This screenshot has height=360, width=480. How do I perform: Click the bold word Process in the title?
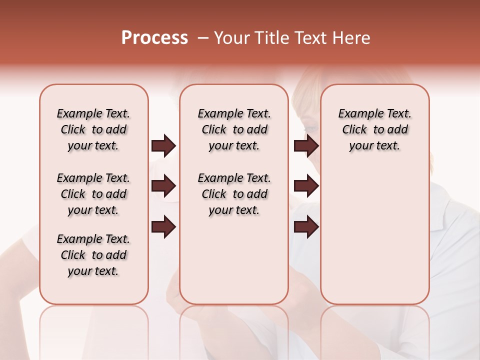pos(154,38)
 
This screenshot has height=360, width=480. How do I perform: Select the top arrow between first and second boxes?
pos(163,146)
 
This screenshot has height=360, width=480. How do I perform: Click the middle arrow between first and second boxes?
pos(163,186)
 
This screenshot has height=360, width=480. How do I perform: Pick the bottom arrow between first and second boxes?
pos(163,227)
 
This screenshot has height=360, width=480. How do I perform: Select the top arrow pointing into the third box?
pos(306,146)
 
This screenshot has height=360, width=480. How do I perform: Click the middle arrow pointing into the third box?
pos(306,186)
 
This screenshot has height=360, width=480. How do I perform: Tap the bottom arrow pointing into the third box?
pos(306,227)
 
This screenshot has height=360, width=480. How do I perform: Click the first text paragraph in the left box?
pos(93,129)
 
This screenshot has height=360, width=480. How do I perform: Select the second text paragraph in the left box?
pos(93,194)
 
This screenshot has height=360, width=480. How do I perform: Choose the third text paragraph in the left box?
pos(93,255)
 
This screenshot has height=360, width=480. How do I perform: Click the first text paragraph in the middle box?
pos(234,129)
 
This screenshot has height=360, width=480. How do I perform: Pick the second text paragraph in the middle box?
pos(234,194)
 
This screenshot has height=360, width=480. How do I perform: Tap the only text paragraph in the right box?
pos(375,129)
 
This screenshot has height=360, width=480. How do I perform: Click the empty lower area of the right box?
pos(375,240)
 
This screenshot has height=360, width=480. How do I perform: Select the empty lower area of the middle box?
pos(234,260)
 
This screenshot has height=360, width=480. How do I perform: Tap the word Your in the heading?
pos(231,38)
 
